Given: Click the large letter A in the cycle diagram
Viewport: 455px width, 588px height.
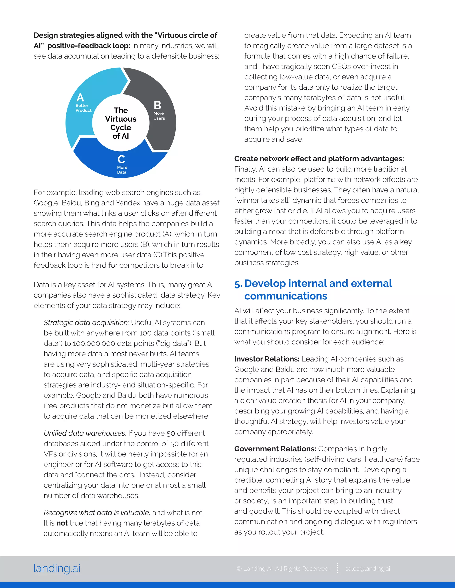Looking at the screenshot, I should [80, 97].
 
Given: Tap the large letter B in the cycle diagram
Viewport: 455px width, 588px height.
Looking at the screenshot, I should [158, 105].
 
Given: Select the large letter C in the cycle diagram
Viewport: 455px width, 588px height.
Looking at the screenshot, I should [121, 159].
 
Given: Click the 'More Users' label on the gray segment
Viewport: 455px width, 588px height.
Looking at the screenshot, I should [159, 116].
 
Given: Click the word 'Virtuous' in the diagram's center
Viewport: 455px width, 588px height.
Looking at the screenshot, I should [121, 119].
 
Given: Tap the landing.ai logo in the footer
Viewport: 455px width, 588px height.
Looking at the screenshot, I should [57, 568].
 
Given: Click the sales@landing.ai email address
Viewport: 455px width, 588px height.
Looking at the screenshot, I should [368, 569].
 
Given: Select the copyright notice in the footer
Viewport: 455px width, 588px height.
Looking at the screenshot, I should [283, 569].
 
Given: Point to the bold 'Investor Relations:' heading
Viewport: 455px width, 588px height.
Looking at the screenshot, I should [267, 359].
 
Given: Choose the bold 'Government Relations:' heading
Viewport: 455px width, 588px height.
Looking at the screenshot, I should [275, 449].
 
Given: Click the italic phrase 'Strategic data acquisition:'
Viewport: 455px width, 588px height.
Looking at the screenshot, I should [86, 323].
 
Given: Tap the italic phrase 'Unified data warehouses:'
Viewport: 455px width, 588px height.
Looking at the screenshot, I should [85, 433].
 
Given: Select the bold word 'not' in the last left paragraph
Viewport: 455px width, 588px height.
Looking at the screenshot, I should [62, 523].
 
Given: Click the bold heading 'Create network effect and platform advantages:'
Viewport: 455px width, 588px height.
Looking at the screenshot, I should [319, 159].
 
